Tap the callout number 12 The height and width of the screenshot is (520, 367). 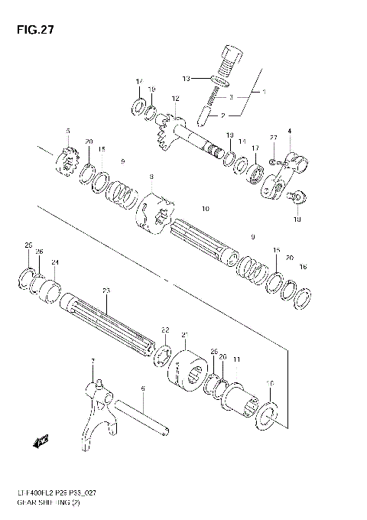(175, 99)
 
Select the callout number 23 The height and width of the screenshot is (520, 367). (106, 290)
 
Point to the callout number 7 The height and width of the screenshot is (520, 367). (93, 360)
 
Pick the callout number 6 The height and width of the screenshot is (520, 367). (142, 388)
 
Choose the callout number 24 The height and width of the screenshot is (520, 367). (54, 262)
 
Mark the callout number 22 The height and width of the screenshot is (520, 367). (164, 330)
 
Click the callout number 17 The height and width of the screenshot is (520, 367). (256, 148)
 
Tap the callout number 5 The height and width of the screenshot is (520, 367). (67, 132)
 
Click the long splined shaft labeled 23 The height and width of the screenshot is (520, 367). (106, 322)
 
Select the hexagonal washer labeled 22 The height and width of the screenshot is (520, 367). (161, 356)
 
